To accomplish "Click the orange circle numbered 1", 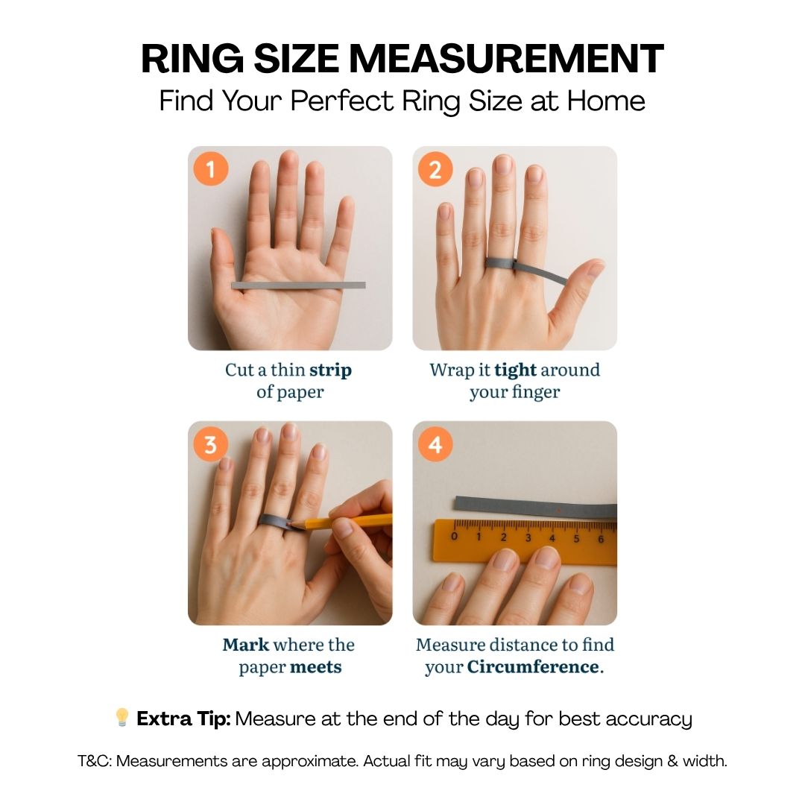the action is pyautogui.click(x=210, y=169).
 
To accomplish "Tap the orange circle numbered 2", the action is pyautogui.click(x=435, y=169).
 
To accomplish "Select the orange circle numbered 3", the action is pyautogui.click(x=210, y=444).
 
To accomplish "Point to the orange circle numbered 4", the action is pyautogui.click(x=435, y=444).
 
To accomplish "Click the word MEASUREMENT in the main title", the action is pyautogui.click(x=506, y=59).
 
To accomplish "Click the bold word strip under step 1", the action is pyautogui.click(x=330, y=370).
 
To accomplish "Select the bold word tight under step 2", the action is pyautogui.click(x=515, y=370).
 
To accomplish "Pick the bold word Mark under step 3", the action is pyautogui.click(x=245, y=645).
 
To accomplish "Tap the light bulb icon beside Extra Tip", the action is pyautogui.click(x=122, y=717).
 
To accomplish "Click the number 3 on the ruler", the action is pyautogui.click(x=528, y=538).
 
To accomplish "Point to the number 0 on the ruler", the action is pyautogui.click(x=454, y=537).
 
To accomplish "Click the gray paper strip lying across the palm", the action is pyautogui.click(x=298, y=285).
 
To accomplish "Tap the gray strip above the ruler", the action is pyautogui.click(x=535, y=506).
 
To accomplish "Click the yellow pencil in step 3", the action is pyautogui.click(x=342, y=522).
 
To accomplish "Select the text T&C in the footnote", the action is pyautogui.click(x=95, y=761).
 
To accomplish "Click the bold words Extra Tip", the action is pyautogui.click(x=184, y=719).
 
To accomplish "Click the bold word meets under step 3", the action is pyautogui.click(x=316, y=667).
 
